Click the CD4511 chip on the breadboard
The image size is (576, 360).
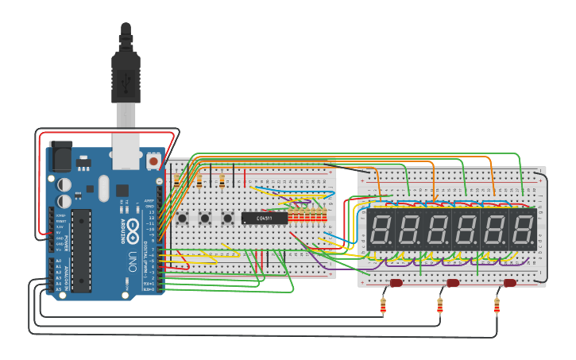point(264,218)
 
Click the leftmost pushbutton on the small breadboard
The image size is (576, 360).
point(182,218)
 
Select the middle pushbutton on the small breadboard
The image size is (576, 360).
point(205,218)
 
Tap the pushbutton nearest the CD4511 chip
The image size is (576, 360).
point(228,218)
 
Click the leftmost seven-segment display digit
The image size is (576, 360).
point(381,230)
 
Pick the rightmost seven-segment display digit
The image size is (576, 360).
point(522,230)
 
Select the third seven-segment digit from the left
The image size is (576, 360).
point(438,230)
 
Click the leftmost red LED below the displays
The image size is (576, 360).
point(396,283)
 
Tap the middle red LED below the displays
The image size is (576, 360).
point(453,283)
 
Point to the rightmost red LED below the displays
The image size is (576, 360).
point(510,283)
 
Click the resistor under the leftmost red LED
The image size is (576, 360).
point(384,305)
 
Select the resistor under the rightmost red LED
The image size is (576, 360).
point(497,305)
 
